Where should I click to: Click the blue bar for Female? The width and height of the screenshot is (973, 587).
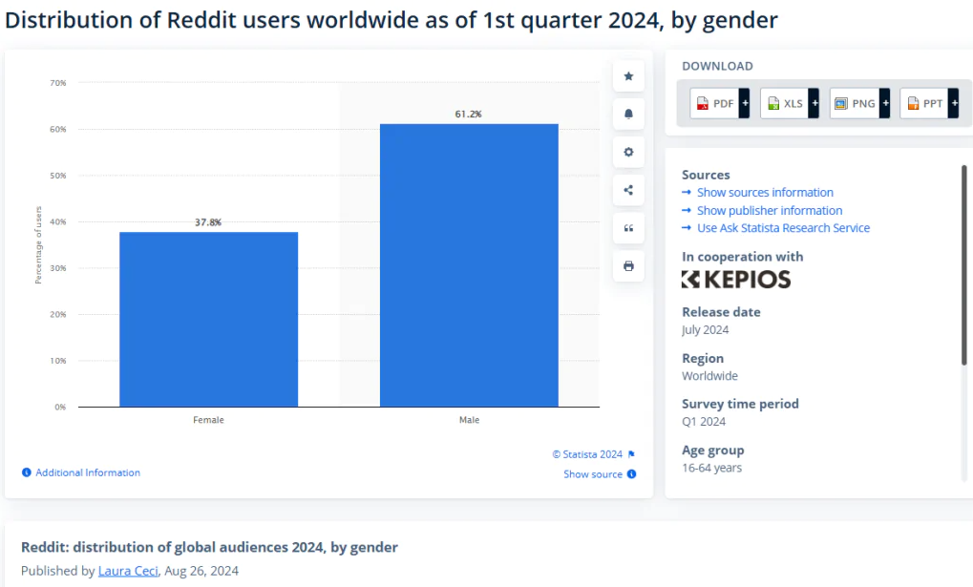(208, 319)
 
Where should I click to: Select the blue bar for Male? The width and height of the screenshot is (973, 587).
(469, 264)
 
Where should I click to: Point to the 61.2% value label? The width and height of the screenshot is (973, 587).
(468, 115)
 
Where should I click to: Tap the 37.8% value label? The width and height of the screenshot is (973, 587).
(208, 222)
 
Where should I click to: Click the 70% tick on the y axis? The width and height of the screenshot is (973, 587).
(58, 83)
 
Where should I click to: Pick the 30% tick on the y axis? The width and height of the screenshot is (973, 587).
(58, 268)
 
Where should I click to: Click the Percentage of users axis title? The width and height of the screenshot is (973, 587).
(39, 245)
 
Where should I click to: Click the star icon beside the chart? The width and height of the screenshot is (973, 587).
(628, 76)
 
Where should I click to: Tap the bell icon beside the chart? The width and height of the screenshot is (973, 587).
(628, 114)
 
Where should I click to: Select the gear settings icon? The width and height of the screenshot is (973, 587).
(628, 152)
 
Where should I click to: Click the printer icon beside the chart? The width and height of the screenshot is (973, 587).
(628, 266)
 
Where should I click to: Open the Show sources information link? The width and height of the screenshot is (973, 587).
(764, 193)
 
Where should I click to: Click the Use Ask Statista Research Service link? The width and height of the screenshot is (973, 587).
(783, 228)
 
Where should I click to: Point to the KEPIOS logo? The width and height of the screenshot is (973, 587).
(736, 279)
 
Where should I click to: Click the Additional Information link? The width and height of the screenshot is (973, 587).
(87, 472)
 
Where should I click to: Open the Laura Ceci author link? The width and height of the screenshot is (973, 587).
(128, 571)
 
